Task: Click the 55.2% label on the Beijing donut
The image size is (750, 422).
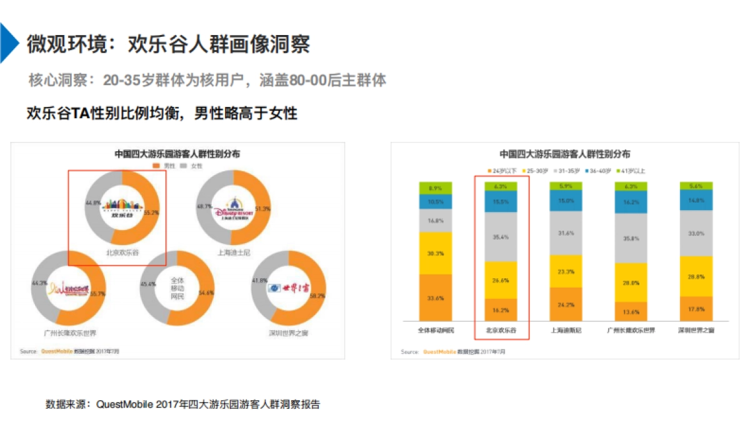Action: pyautogui.click(x=151, y=213)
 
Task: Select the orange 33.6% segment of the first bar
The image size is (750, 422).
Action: pyautogui.click(x=435, y=298)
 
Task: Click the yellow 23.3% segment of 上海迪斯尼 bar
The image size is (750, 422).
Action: pyautogui.click(x=565, y=272)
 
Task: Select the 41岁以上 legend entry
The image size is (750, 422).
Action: pyautogui.click(x=632, y=171)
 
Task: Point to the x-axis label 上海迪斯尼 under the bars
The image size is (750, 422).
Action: pyautogui.click(x=565, y=330)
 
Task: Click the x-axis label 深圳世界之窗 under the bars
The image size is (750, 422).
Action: pyautogui.click(x=696, y=330)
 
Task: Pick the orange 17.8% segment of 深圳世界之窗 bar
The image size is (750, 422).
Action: pyautogui.click(x=695, y=309)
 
